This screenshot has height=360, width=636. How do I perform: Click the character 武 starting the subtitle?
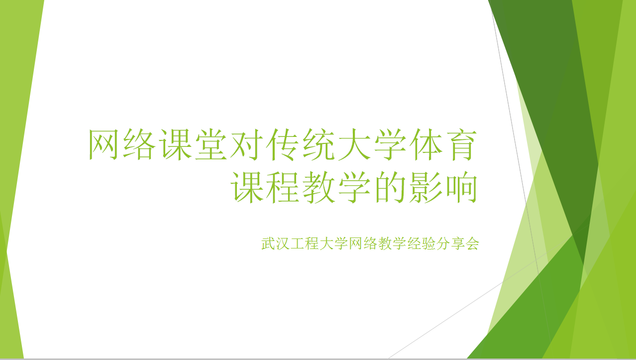point(268,243)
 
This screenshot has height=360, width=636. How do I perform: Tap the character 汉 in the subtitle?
point(283,243)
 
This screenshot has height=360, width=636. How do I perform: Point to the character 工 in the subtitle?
point(297,243)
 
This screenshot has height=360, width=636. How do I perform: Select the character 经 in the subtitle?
point(414,243)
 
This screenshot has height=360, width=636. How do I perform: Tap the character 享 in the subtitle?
point(458,243)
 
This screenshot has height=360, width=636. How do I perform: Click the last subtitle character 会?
point(472,243)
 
